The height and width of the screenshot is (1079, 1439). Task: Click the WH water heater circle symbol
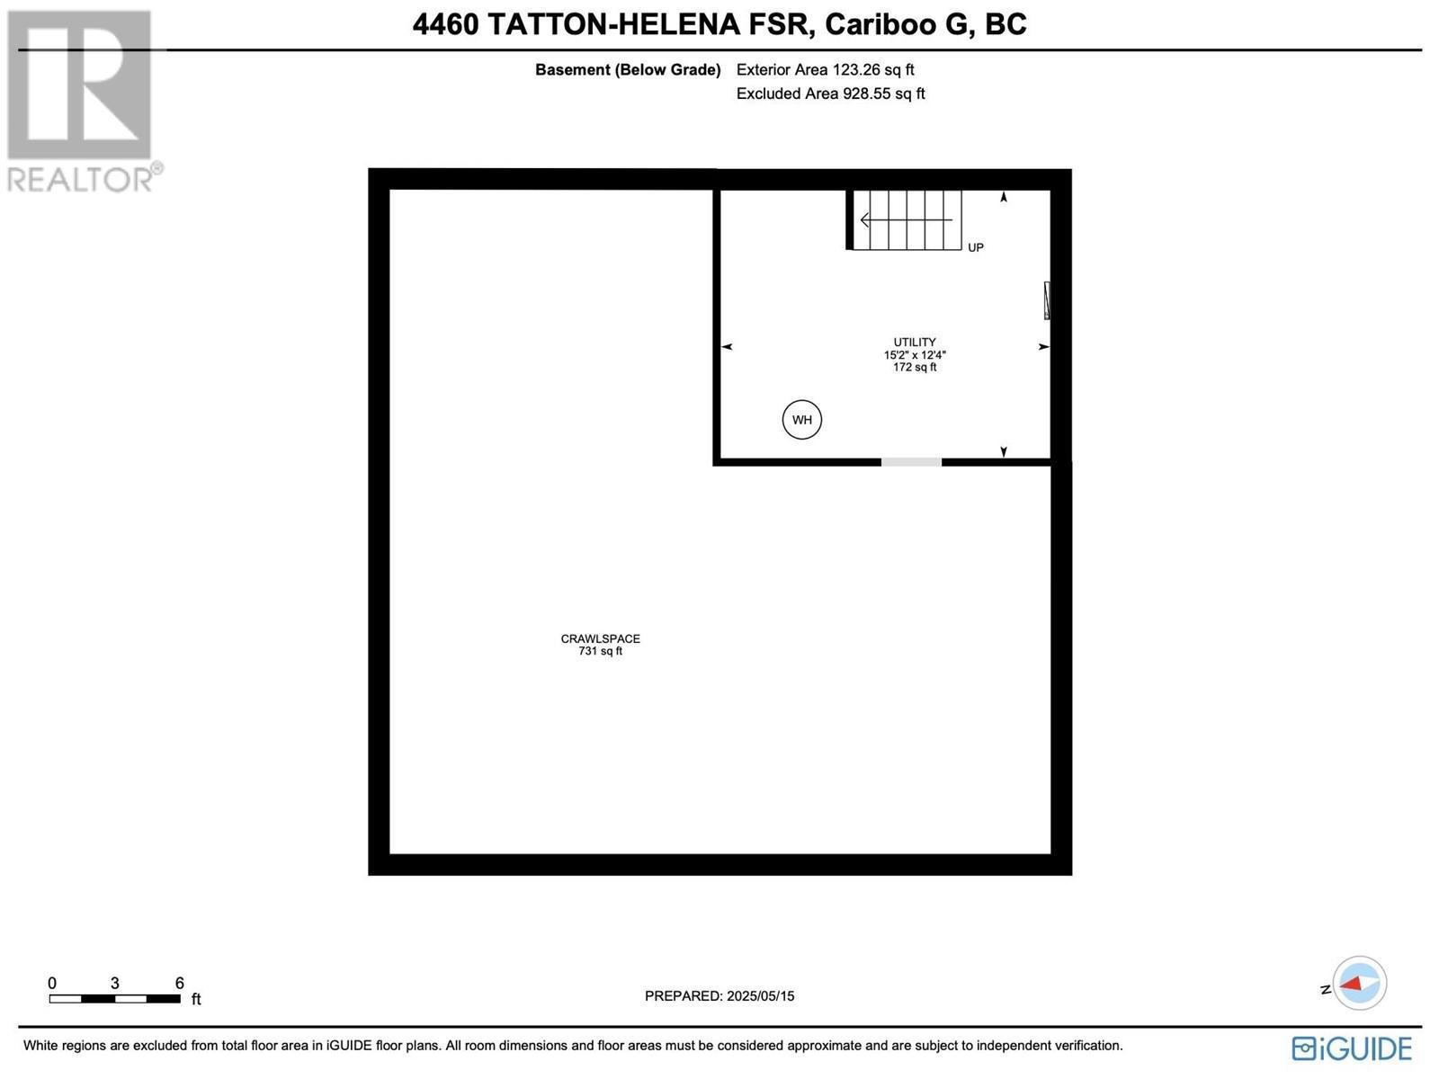pos(801,420)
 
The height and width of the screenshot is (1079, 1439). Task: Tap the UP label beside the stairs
pos(976,247)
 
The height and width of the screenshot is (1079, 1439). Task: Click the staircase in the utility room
pos(907,220)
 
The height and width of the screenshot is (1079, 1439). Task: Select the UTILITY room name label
pos(915,343)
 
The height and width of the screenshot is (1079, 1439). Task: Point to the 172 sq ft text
pos(915,367)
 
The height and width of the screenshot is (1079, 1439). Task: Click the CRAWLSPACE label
pos(600,639)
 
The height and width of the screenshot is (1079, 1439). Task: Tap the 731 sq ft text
pos(600,651)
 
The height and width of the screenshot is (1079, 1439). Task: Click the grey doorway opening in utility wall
pos(911,462)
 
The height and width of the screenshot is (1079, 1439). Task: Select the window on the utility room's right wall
pos(1047,300)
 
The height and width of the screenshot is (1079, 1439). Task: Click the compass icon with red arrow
pos(1359,983)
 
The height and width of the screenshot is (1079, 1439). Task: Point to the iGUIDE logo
pos(1352,1048)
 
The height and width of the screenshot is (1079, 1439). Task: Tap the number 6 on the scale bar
pos(180,983)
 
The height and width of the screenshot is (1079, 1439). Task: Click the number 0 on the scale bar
pos(52,983)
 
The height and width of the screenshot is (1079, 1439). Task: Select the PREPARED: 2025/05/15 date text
pos(719,996)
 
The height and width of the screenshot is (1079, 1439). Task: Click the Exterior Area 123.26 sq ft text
pos(825,70)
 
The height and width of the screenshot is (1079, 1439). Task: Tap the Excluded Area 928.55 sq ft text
pos(830,94)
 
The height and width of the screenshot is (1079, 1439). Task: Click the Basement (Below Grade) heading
pos(628,70)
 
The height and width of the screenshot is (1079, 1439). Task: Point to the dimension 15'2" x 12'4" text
pos(915,355)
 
